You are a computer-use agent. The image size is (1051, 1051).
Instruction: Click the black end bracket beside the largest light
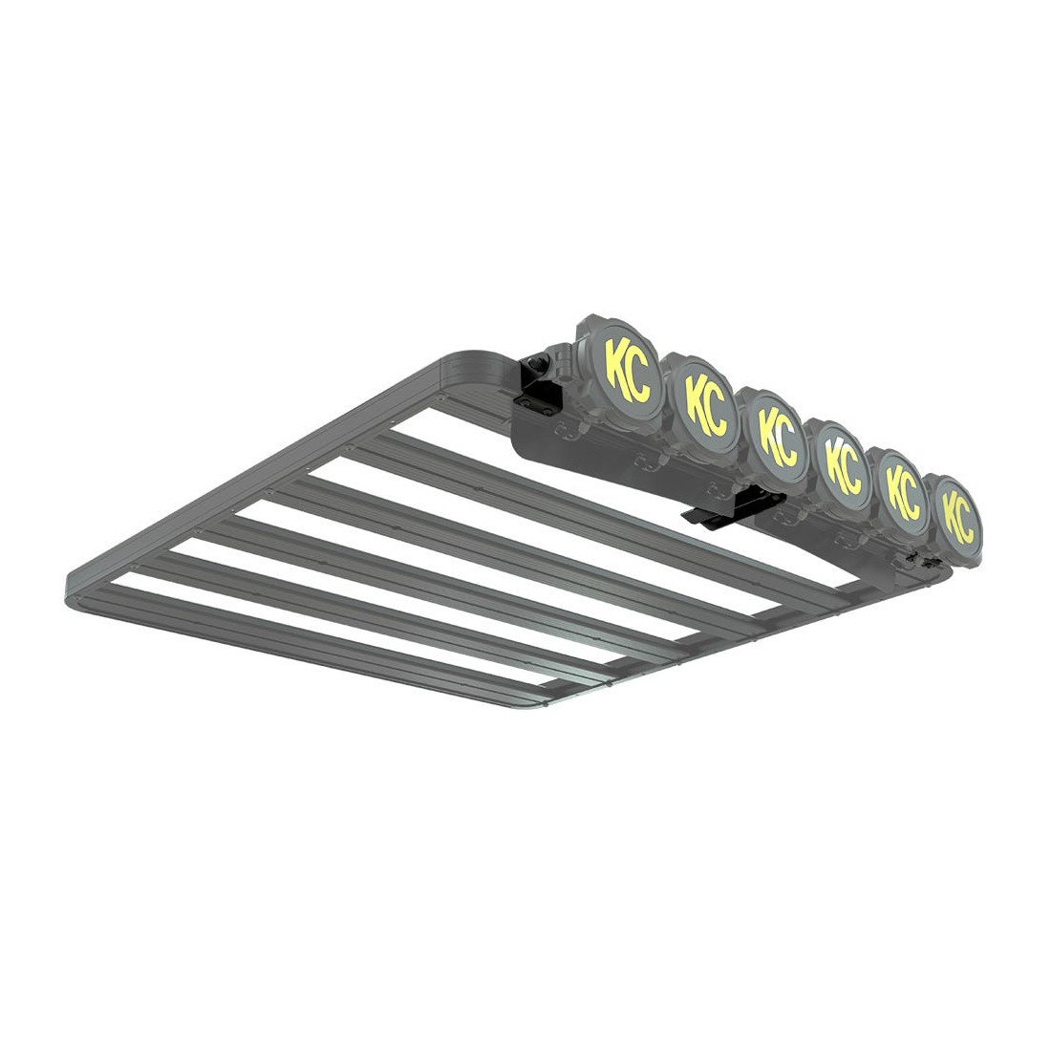click(x=538, y=385)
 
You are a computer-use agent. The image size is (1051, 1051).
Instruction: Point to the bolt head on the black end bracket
click(x=536, y=366)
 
